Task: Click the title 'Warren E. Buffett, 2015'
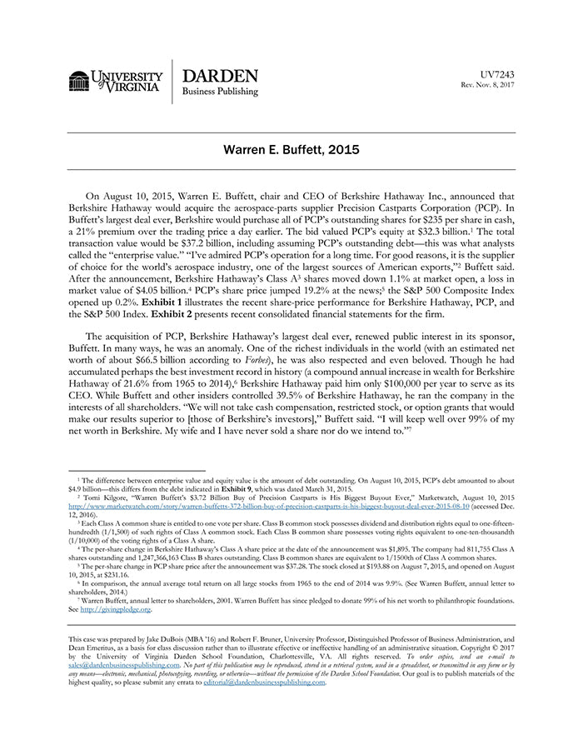pos(291,151)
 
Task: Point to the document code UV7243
pos(498,74)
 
